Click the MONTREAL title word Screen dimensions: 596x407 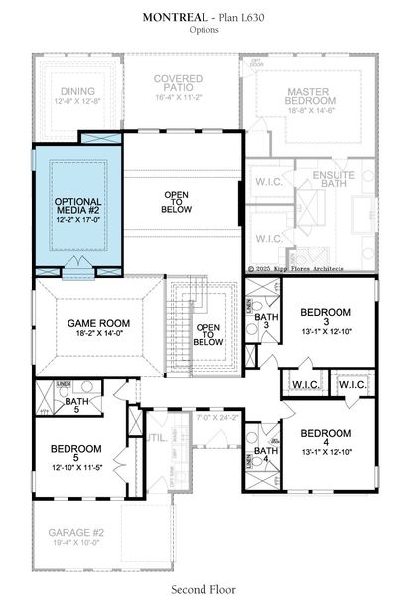(x=176, y=17)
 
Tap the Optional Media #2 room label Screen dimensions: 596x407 (x=77, y=207)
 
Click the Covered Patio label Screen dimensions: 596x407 (x=178, y=84)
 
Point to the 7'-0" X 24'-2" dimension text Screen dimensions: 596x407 (x=218, y=418)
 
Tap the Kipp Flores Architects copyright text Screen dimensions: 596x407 (x=311, y=268)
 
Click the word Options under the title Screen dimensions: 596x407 (x=203, y=31)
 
